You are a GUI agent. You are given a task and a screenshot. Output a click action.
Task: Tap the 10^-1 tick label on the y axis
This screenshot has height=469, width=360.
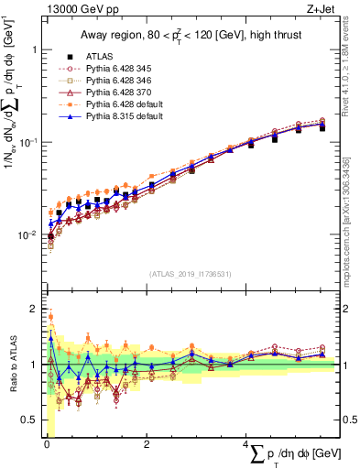[x=29, y=142]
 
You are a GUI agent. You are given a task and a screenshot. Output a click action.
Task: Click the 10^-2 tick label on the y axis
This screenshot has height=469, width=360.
[x=29, y=235]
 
